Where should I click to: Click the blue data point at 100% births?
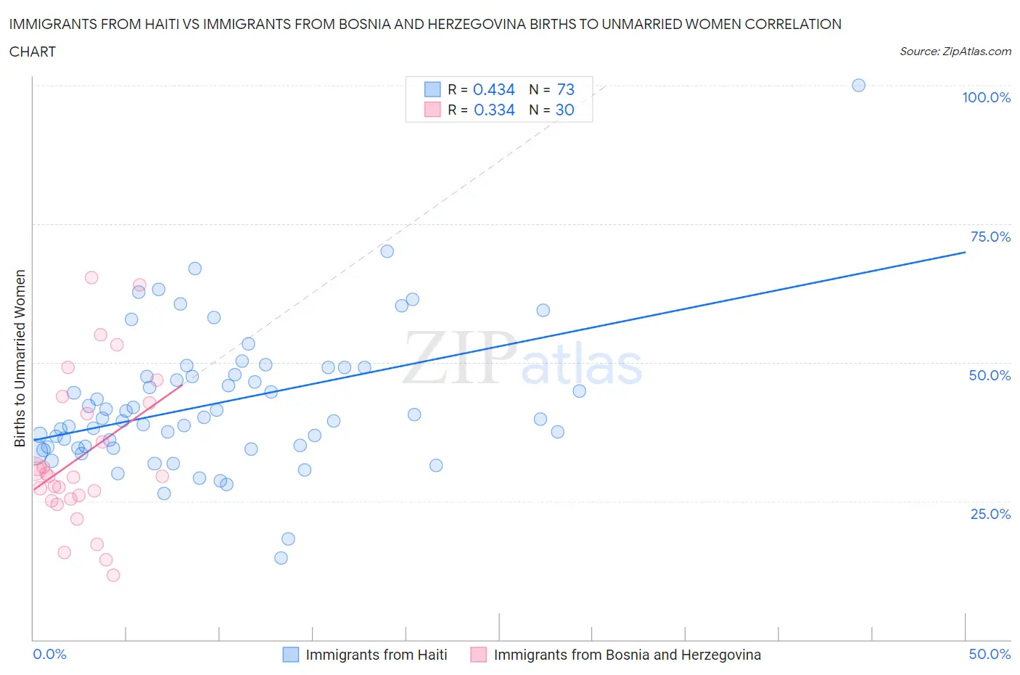(858, 86)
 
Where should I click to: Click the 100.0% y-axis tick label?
(986, 98)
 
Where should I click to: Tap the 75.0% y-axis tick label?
(990, 237)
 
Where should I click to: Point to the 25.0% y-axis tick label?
(990, 515)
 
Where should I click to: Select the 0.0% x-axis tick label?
(49, 655)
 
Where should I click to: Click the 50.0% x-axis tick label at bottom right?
(990, 655)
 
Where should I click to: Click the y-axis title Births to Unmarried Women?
(20, 359)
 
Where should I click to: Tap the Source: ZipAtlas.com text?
(955, 52)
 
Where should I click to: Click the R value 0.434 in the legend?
(494, 89)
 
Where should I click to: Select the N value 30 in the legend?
(564, 110)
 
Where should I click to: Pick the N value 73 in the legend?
(565, 89)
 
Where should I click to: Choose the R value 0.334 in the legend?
(494, 110)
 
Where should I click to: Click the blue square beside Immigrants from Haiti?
(290, 655)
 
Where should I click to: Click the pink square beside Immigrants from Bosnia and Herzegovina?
(478, 655)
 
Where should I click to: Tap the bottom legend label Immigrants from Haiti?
(376, 655)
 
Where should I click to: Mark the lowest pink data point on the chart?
(113, 576)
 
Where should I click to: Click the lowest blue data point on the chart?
(281, 558)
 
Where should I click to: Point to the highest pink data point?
(91, 278)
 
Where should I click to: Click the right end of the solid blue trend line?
(965, 252)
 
